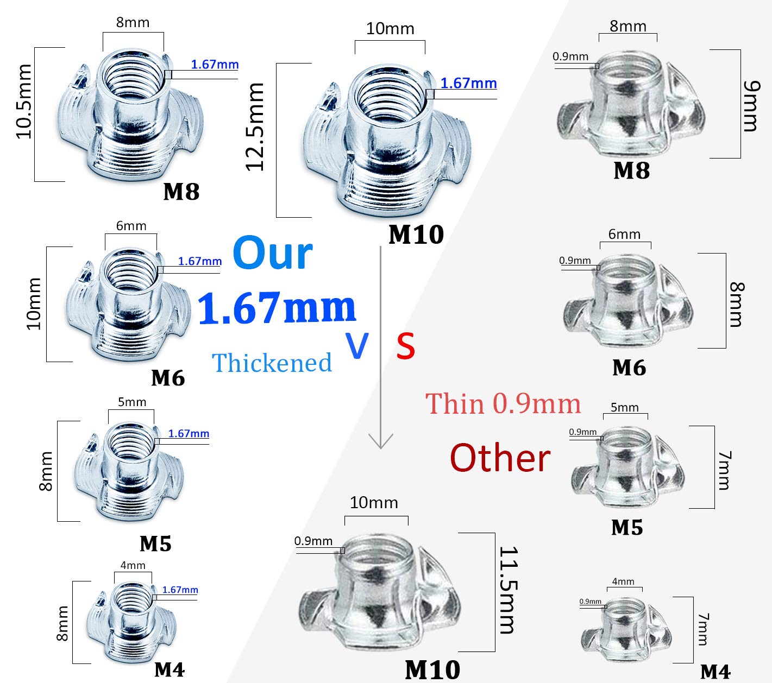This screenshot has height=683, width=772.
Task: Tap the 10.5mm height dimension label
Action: coord(24,102)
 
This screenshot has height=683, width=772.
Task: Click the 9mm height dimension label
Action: coord(751,106)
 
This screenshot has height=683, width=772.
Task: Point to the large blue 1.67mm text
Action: coord(277,308)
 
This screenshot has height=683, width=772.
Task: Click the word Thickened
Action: coord(272,363)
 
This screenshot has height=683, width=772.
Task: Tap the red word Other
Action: coord(500,458)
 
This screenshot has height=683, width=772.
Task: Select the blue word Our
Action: coord(272,253)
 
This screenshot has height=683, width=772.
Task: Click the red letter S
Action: coord(405,346)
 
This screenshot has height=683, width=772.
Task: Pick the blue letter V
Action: coord(357,346)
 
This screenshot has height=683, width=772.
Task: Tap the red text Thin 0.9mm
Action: coord(503,404)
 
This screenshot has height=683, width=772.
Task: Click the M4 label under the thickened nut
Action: coord(169,670)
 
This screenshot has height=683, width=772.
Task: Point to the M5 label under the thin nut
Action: coord(626,527)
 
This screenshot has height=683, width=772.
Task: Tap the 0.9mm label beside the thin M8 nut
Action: coord(570,56)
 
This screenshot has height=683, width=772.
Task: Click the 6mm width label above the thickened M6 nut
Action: coord(131,226)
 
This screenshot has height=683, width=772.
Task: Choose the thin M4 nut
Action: coord(625,627)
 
